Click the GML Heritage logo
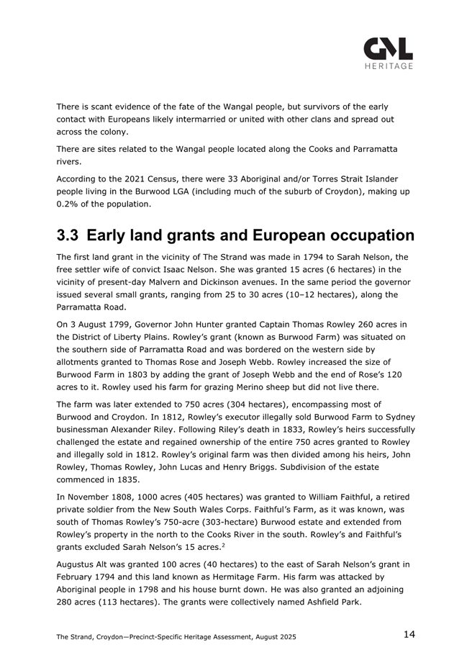(x=388, y=53)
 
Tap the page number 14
(x=409, y=634)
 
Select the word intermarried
(x=238, y=119)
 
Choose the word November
(x=92, y=497)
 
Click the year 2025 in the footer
(x=285, y=637)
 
